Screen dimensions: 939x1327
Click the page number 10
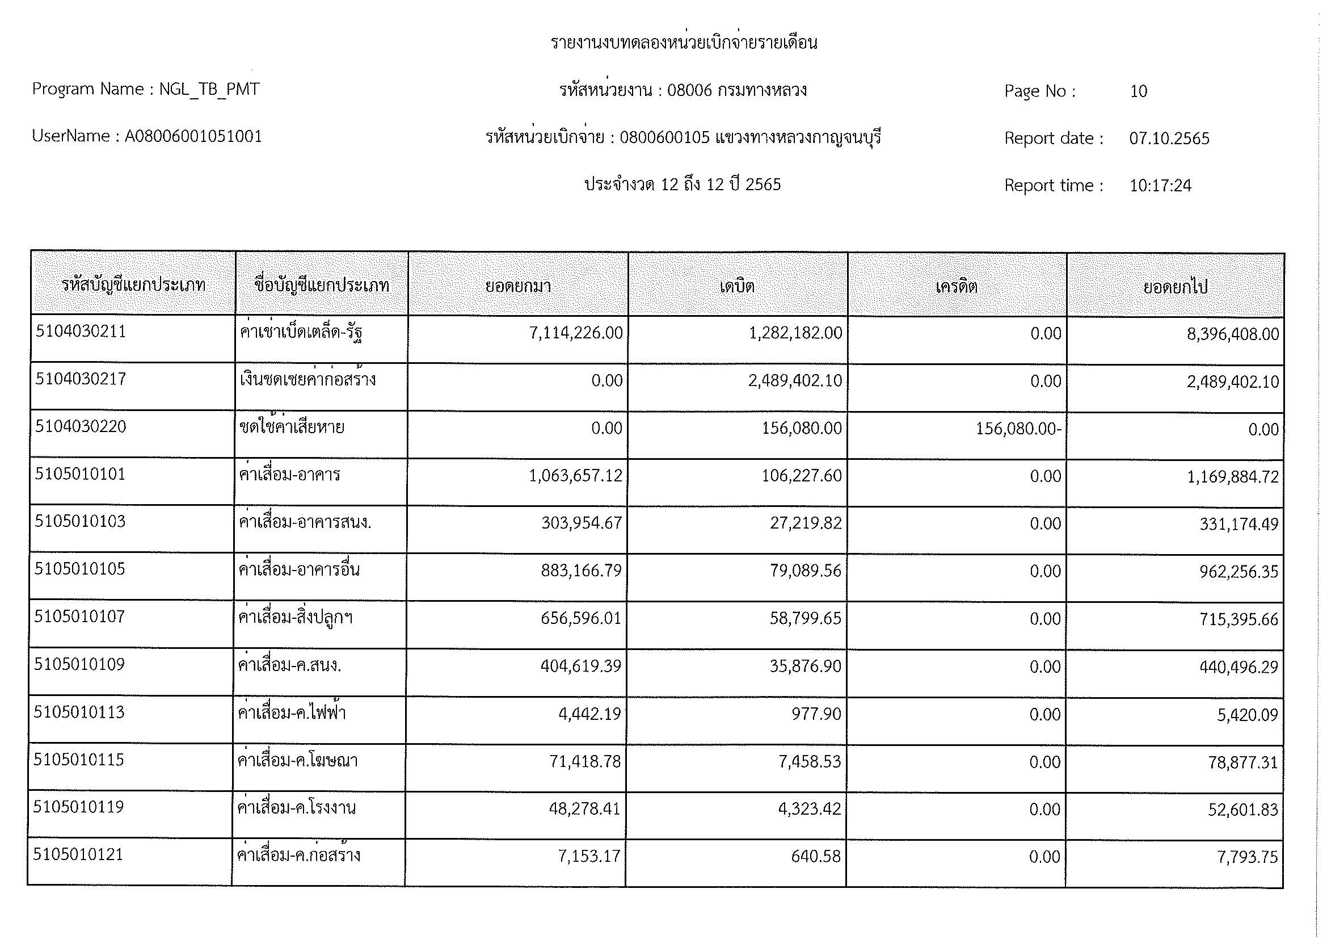coord(1138,91)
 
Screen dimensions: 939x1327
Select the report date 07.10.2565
coord(1169,139)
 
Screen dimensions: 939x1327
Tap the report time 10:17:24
coord(1160,186)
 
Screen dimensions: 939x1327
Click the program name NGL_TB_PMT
coord(209,90)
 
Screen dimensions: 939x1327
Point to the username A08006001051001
coord(193,136)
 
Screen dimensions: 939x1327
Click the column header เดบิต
coord(737,286)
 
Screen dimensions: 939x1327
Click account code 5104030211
coord(81,332)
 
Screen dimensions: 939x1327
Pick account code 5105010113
coord(79,712)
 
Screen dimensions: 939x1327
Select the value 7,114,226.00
coord(576,333)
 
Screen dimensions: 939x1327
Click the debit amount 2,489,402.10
coord(795,381)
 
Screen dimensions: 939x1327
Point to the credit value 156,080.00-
coord(1018,429)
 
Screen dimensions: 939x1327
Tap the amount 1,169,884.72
coord(1232,477)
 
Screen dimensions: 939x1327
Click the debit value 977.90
coord(816,714)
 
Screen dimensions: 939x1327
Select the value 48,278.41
coord(584,808)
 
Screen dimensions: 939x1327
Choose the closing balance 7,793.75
coord(1247,857)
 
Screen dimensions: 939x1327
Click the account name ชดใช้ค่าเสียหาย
coord(292,428)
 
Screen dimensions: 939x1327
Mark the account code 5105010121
coord(79,854)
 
